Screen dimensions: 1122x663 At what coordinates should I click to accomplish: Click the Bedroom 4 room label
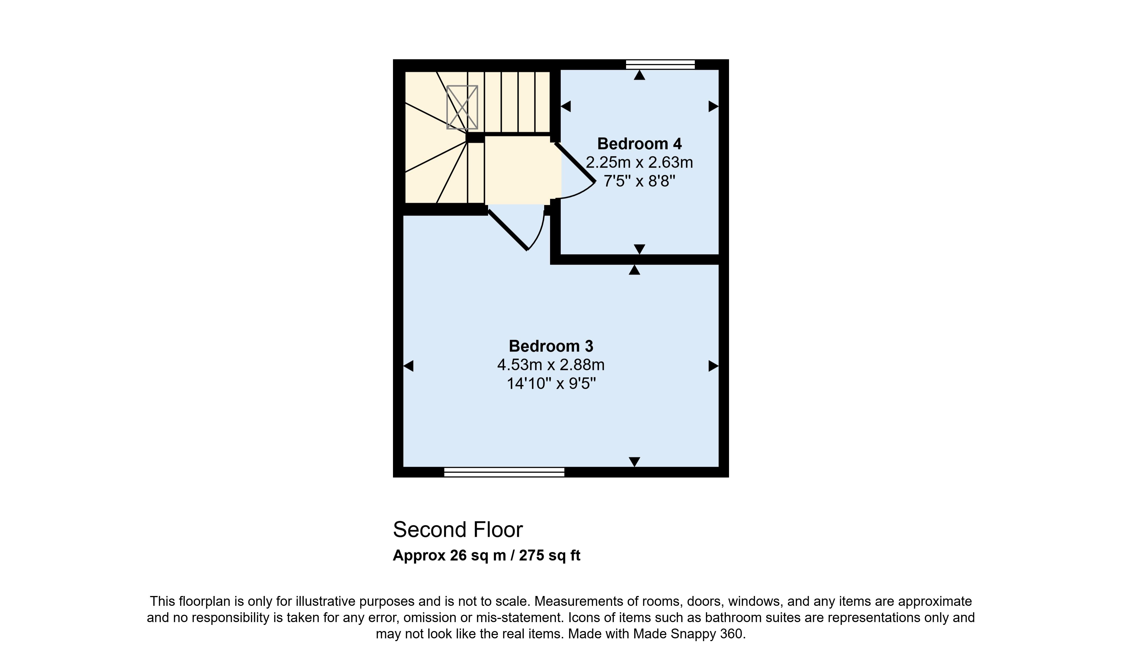(639, 144)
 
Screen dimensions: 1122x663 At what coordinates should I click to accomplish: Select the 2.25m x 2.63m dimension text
(639, 162)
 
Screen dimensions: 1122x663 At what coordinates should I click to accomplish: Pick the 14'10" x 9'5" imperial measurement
(551, 383)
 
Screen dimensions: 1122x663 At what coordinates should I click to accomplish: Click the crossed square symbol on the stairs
(462, 107)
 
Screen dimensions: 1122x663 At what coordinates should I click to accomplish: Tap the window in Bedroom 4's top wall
(660, 64)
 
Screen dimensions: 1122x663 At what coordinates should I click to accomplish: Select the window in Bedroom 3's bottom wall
(504, 472)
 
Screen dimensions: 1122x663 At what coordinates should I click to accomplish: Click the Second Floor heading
(458, 530)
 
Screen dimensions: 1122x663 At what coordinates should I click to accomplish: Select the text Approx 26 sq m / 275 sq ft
(486, 555)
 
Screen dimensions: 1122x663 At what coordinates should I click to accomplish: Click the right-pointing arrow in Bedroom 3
(713, 366)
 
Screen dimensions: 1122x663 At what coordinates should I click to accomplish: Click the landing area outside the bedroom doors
(522, 170)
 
